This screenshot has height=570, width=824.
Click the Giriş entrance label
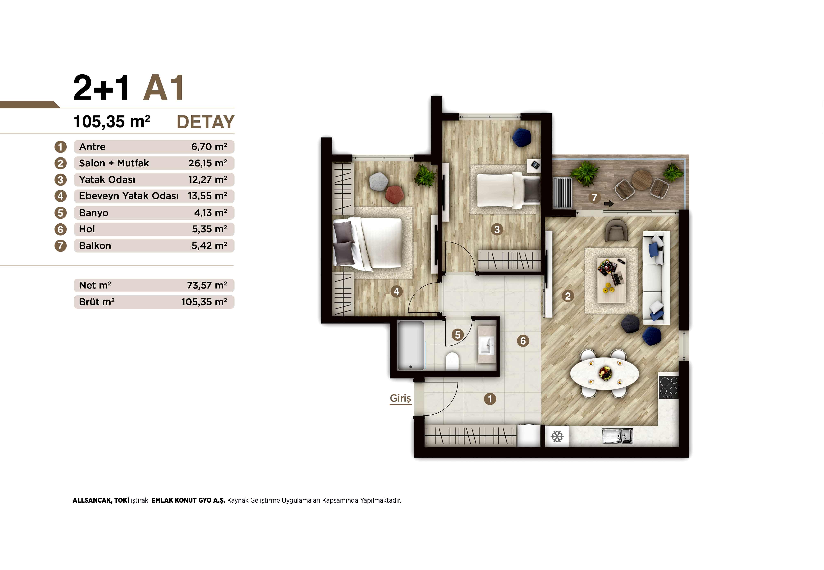tap(400, 398)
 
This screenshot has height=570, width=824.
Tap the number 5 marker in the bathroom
tap(458, 335)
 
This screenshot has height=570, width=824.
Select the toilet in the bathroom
tap(452, 361)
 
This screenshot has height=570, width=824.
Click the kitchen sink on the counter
tap(617, 436)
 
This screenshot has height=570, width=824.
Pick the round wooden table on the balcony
tap(642, 180)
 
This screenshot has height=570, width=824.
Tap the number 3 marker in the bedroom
tap(497, 229)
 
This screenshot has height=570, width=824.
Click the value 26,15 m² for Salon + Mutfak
tap(208, 163)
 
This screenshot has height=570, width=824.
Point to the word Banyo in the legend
tap(94, 213)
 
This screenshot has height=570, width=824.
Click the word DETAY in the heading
tap(206, 122)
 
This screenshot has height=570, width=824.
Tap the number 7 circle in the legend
tap(60, 246)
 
